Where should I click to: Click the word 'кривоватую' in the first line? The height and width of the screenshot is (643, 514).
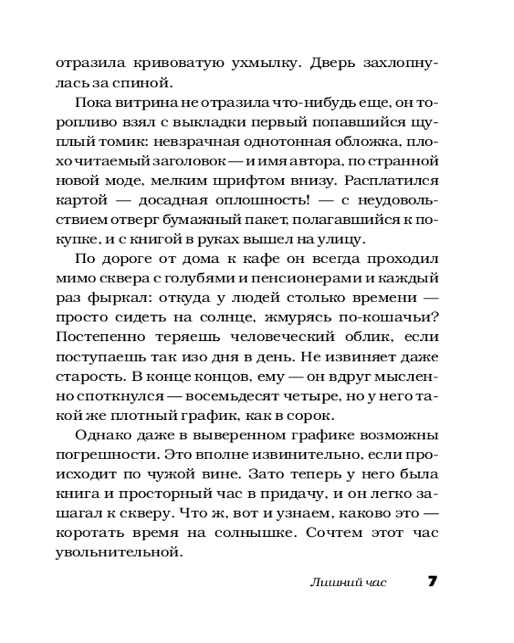[170, 64]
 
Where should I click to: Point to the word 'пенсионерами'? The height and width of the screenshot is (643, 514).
[304, 280]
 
